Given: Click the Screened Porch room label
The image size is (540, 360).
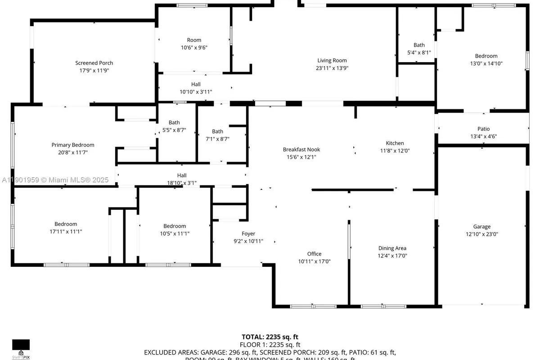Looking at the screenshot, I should pos(94,63).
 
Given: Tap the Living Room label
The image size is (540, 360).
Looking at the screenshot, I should pos(332,60).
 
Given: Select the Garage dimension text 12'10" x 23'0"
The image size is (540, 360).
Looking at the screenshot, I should pos(481,234).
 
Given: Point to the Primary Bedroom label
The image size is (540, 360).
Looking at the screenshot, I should pos(73,145).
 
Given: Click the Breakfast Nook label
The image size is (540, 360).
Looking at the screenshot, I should pos(301,149).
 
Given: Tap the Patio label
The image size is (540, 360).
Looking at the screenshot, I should pos(483,129).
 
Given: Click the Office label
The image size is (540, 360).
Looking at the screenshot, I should pos(314,254).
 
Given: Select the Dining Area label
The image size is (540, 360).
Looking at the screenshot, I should pos(392,248).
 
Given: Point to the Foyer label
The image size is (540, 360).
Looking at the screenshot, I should pos(248,234).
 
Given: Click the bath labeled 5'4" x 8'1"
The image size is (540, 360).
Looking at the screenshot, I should pos(419,45).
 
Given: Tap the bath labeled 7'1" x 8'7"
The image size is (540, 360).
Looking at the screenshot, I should pos(217,131).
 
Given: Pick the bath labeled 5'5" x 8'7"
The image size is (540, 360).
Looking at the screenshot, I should pos(174,122).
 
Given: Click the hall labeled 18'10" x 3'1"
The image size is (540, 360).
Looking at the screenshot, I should pos(181,175).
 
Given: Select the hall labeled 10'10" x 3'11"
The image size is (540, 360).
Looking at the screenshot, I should pos(195,84).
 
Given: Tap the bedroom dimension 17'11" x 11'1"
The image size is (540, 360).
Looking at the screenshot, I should pos(66,231).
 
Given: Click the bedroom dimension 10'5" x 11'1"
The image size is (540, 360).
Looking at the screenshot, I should pos(175,233).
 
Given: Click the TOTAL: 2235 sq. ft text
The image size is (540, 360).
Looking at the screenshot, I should pos(270,337).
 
